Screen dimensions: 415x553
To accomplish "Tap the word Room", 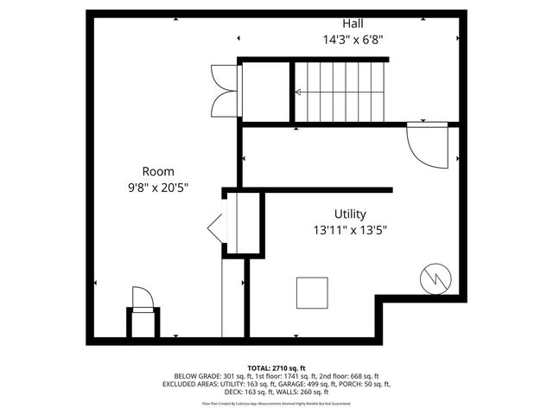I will pyautogui.click(x=158, y=171).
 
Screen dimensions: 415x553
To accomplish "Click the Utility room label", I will pyautogui.click(x=350, y=214).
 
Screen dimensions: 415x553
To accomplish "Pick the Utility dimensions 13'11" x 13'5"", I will pyautogui.click(x=350, y=230).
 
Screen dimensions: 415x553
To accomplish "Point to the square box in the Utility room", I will pyautogui.click(x=312, y=292).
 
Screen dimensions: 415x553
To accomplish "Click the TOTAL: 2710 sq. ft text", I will pyautogui.click(x=276, y=369).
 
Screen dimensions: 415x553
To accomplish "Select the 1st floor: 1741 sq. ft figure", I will pyautogui.click(x=279, y=377).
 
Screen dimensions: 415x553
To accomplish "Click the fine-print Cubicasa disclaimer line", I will pyautogui.click(x=276, y=403).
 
